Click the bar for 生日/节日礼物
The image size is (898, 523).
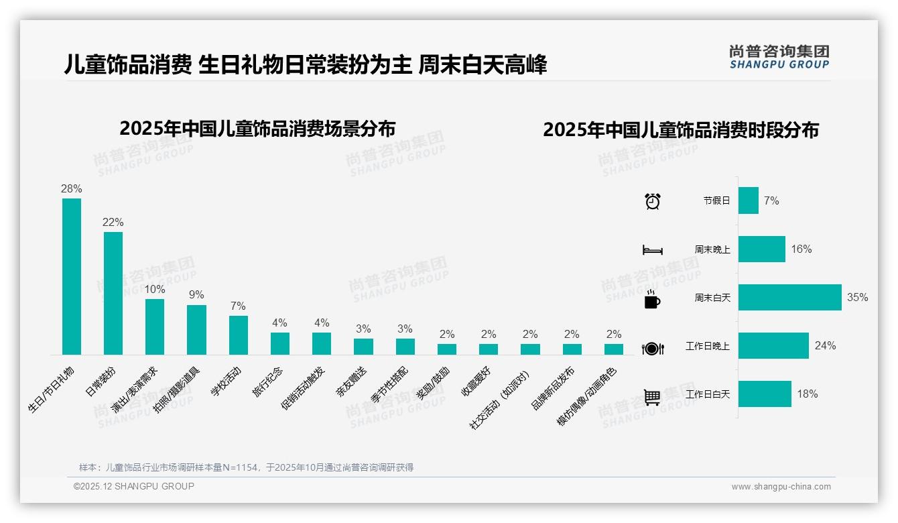click(72, 276)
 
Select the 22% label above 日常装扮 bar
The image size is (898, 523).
click(113, 223)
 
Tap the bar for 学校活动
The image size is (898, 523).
click(238, 335)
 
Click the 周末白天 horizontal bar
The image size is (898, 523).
click(789, 297)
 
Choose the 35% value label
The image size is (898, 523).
click(857, 297)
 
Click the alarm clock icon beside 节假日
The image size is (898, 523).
click(652, 201)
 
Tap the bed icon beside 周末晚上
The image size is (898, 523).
click(652, 249)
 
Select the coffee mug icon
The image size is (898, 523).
click(652, 300)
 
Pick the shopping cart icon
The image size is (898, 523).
click(652, 397)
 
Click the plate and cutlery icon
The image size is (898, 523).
click(652, 348)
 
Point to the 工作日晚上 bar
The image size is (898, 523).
click(773, 345)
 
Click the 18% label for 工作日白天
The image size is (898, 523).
click(807, 394)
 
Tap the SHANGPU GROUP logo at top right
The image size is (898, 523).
click(779, 57)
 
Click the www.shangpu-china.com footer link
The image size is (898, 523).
click(781, 487)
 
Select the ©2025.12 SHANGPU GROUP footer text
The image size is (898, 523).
click(134, 486)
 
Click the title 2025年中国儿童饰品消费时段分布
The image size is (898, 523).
click(681, 130)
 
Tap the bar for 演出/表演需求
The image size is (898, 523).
click(155, 327)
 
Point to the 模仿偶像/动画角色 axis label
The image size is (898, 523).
click(587, 396)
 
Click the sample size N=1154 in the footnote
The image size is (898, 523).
click(239, 467)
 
